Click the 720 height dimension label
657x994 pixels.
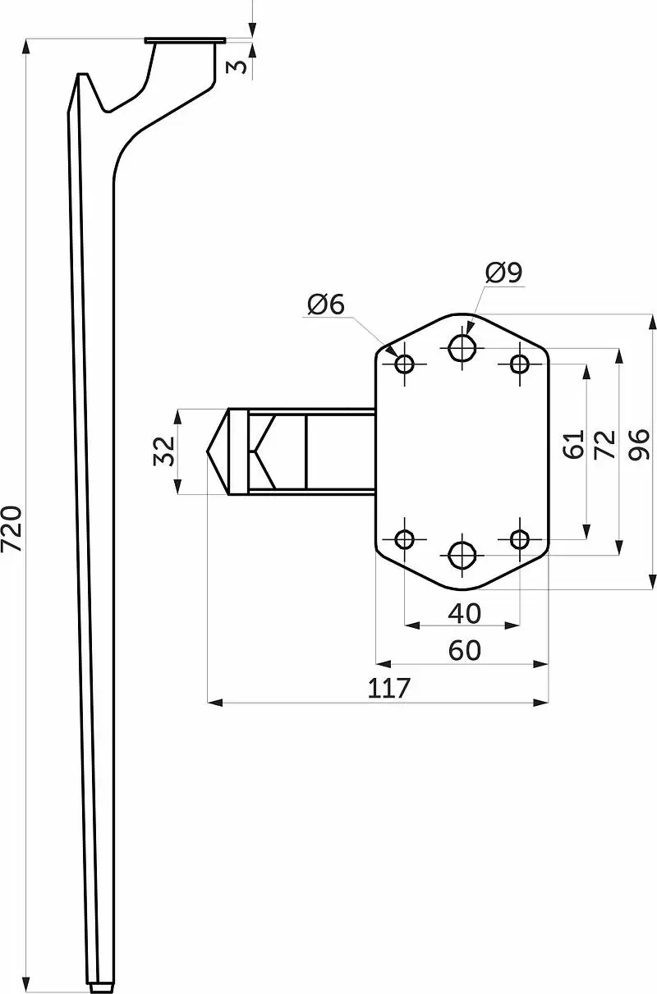pyautogui.click(x=12, y=528)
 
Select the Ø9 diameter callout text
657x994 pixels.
pyautogui.click(x=503, y=272)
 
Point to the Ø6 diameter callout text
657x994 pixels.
pyautogui.click(x=326, y=305)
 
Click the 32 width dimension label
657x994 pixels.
pyautogui.click(x=163, y=451)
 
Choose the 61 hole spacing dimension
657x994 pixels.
pyautogui.click(x=573, y=444)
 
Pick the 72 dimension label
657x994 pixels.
pyautogui.click(x=604, y=444)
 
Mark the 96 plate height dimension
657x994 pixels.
pyautogui.click(x=639, y=444)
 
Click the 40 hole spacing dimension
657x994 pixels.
pyautogui.click(x=464, y=614)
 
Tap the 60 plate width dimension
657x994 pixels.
pyautogui.click(x=464, y=651)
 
